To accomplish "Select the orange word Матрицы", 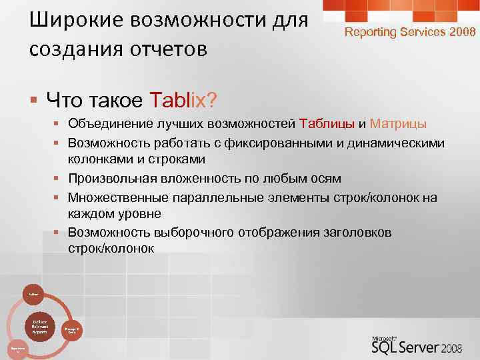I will tap(398, 124).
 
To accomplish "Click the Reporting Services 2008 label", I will tap(409, 31).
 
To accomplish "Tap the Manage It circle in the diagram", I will tap(72, 329).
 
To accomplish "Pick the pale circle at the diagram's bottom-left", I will tap(18, 348).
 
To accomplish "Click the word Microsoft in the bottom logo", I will tap(386, 336).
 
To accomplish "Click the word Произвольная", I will tap(110, 178).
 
